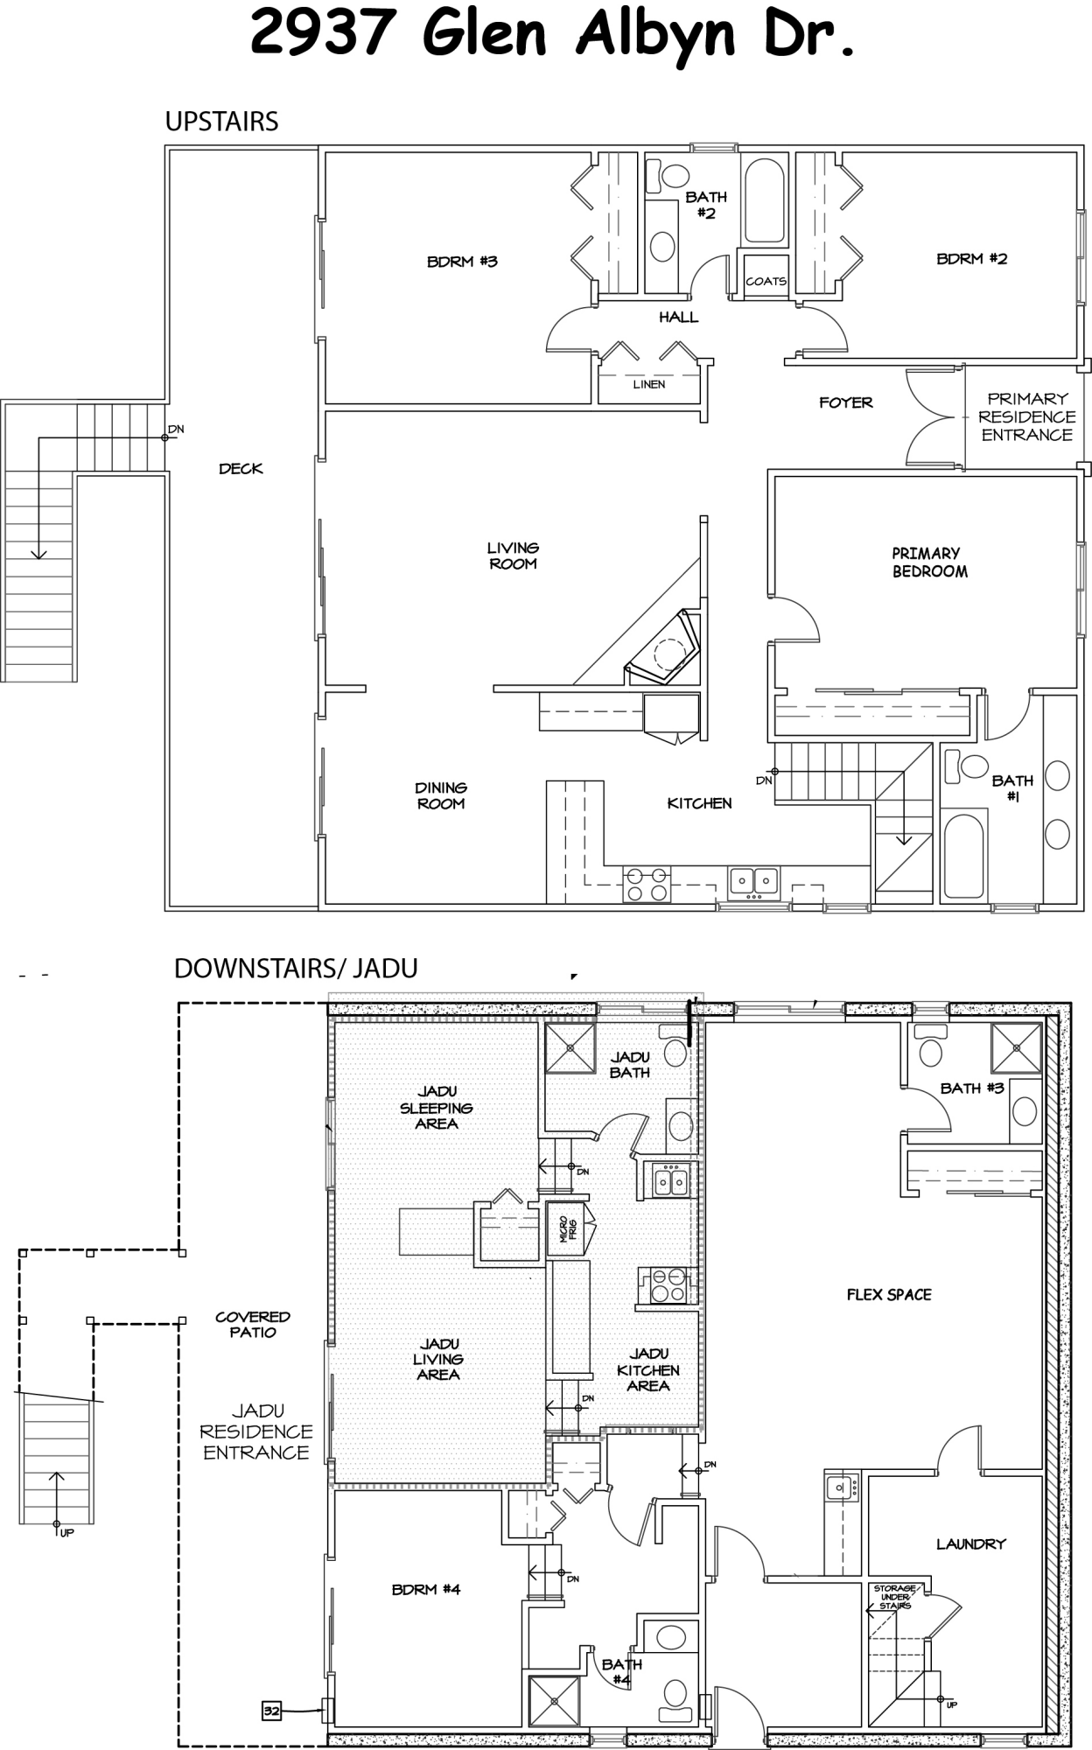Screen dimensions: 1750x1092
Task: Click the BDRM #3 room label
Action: pyautogui.click(x=462, y=262)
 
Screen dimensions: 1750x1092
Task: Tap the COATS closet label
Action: pyautogui.click(x=766, y=282)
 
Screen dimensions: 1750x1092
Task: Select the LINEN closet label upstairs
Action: pyautogui.click(x=649, y=384)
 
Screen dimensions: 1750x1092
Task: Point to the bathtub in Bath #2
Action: pyautogui.click(x=764, y=200)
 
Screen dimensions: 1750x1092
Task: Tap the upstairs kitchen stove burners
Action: pyautogui.click(x=647, y=884)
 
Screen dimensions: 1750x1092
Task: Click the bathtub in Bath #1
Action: pyautogui.click(x=964, y=854)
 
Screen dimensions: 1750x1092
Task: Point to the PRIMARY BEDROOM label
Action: pyautogui.click(x=928, y=563)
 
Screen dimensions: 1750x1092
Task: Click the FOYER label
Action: pyautogui.click(x=845, y=402)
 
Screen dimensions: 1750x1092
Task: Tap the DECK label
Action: pyautogui.click(x=241, y=469)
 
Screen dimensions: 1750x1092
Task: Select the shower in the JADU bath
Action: pyautogui.click(x=570, y=1046)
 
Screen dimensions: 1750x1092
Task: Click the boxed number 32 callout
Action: pyautogui.click(x=271, y=1710)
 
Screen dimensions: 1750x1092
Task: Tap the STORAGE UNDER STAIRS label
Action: pyautogui.click(x=894, y=1597)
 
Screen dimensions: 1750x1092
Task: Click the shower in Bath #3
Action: pyautogui.click(x=1015, y=1047)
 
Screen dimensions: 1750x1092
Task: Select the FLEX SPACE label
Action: pyautogui.click(x=888, y=1295)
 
